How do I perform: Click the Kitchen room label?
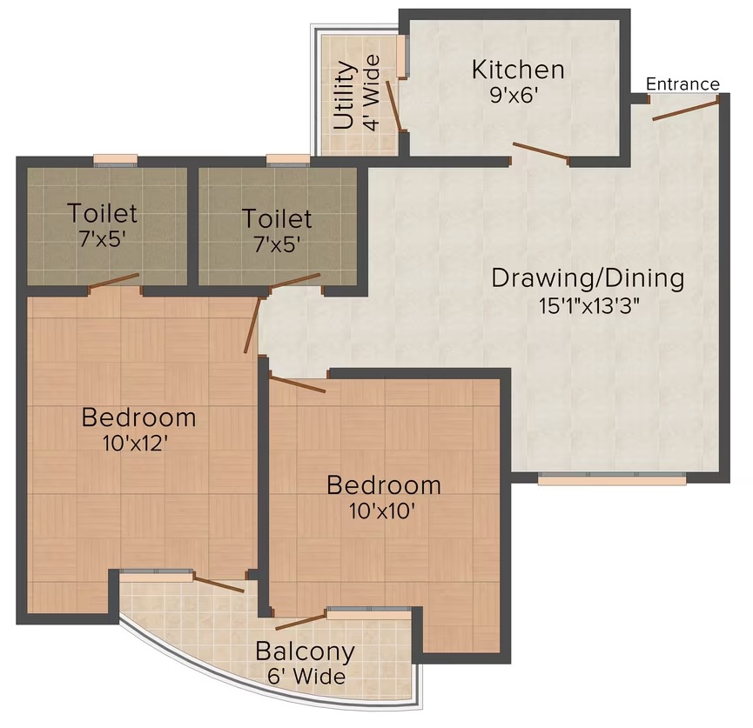(518, 70)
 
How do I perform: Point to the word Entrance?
(682, 84)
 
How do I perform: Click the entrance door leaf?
(686, 110)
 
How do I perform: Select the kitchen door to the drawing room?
(541, 150)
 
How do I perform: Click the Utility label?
(345, 95)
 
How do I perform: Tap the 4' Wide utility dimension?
(372, 92)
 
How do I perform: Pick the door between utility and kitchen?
(393, 105)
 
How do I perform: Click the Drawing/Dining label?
(588, 279)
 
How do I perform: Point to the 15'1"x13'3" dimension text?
(589, 305)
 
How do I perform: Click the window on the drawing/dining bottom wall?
(612, 478)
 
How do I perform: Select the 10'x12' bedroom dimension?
(135, 444)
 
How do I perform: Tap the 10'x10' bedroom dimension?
(382, 511)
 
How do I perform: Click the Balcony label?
(306, 651)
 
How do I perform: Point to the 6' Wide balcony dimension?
(307, 677)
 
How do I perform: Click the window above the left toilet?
(115, 160)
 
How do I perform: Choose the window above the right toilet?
(288, 160)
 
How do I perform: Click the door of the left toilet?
(113, 281)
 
